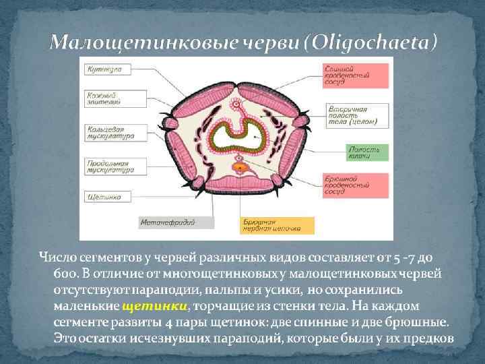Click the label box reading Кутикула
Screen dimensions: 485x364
[102, 70]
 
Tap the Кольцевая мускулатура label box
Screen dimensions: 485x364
[110, 132]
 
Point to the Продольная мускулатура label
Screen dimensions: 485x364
[110, 166]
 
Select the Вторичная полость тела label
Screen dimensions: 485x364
[356, 115]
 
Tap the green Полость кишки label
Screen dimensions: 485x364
[356, 152]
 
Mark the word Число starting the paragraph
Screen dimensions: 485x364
[57, 257]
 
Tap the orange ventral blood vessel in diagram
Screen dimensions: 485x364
[239, 163]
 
